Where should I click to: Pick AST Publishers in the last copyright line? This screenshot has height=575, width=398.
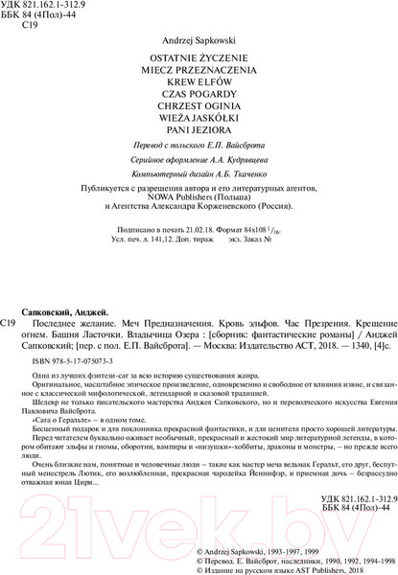pos(322,569)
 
